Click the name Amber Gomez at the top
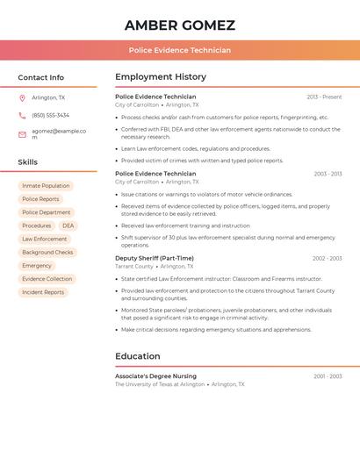pyautogui.click(x=180, y=25)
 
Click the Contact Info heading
pyautogui.click(x=40, y=77)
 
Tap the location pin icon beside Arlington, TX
pyautogui.click(x=22, y=97)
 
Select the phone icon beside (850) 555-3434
pyautogui.click(x=22, y=115)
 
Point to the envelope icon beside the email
pyautogui.click(x=22, y=134)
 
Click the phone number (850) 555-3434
pyautogui.click(x=50, y=115)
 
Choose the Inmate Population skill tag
pyautogui.click(x=46, y=186)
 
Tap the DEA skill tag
pyautogui.click(x=68, y=225)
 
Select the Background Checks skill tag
pyautogui.click(x=47, y=252)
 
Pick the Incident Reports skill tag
pyautogui.click(x=43, y=292)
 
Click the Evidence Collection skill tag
pyautogui.click(x=47, y=279)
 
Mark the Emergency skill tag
pyautogui.click(x=37, y=266)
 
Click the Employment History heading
pyautogui.click(x=161, y=77)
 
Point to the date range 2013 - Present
pyautogui.click(x=324, y=97)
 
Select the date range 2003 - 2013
pyautogui.click(x=328, y=174)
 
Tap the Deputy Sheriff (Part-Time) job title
pyautogui.click(x=155, y=258)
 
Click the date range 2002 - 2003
pyautogui.click(x=327, y=258)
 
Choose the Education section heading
pyautogui.click(x=138, y=356)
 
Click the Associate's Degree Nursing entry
pyautogui.click(x=155, y=376)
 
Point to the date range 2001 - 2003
pyautogui.click(x=328, y=376)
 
